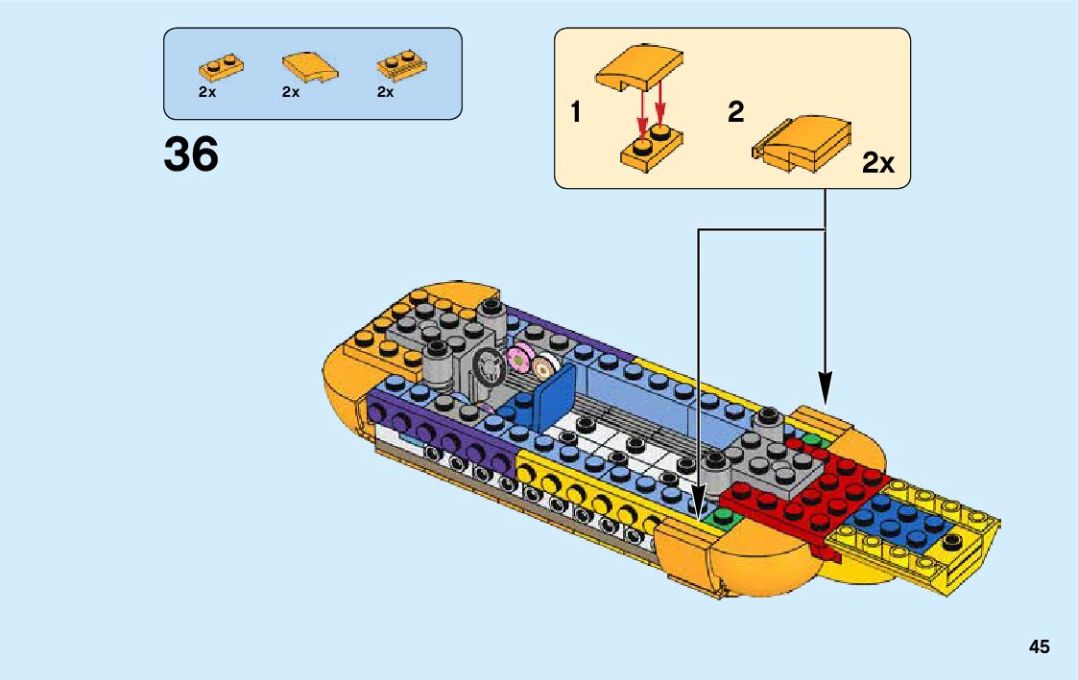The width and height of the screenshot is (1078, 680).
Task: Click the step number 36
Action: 191,154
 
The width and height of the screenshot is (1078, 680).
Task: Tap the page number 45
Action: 1040,646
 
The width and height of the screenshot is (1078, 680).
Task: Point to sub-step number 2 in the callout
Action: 736,113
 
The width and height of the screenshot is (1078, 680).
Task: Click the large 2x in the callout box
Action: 877,164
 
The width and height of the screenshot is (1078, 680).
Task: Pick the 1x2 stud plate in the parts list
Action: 221,67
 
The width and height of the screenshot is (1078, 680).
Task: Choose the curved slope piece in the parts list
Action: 309,66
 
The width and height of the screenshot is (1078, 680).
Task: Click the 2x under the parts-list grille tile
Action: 386,93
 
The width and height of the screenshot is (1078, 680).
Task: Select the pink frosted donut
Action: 518,359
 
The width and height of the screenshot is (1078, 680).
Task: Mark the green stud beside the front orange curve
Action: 720,516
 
